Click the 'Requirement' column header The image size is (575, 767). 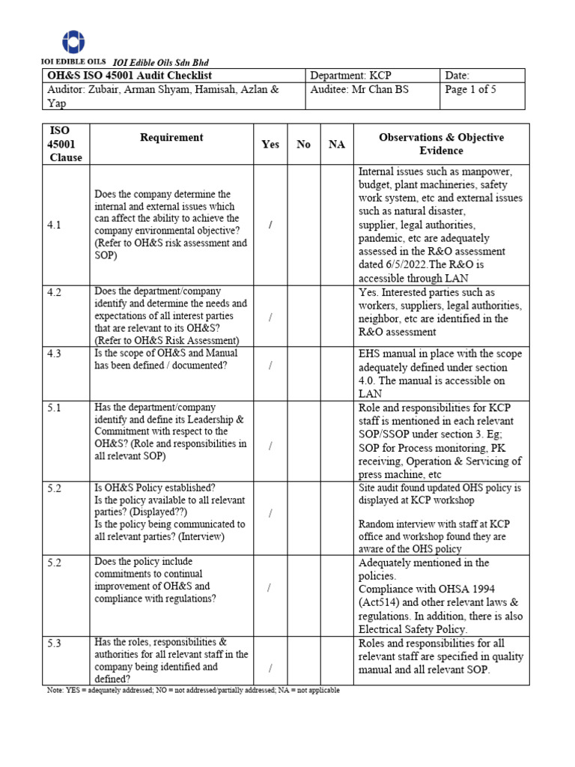coord(171,138)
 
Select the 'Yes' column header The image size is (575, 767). coord(270,145)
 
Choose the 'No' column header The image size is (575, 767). coord(303,145)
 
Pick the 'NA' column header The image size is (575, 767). coord(337,145)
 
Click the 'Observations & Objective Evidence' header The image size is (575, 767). coord(441,144)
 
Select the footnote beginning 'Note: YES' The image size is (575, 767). coord(192,691)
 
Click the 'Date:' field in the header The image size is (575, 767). coord(457,76)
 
